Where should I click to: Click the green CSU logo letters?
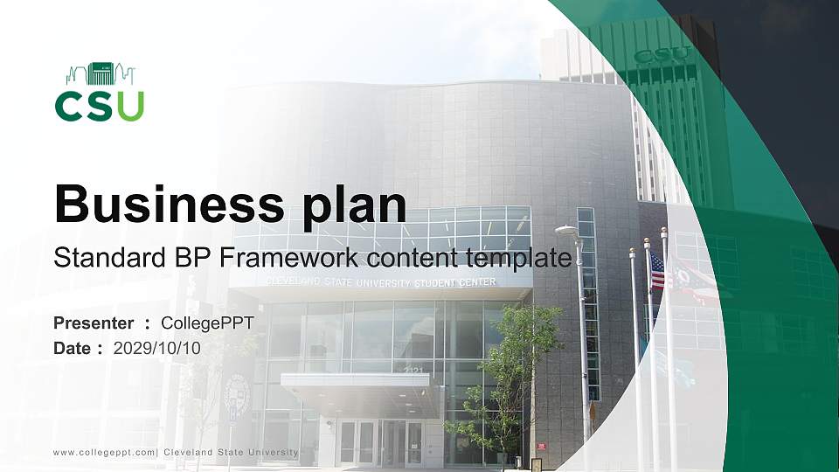(99, 105)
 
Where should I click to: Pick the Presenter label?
(94, 323)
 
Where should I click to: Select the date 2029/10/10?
(157, 348)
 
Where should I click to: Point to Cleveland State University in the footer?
(231, 452)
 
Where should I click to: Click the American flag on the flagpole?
(657, 272)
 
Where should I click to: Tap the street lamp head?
(566, 231)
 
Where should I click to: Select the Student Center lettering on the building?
(455, 282)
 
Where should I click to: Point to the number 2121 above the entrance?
(414, 371)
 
